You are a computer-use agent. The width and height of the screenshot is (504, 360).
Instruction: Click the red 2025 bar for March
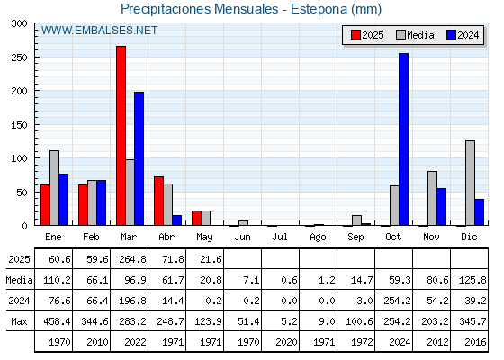coord(121,136)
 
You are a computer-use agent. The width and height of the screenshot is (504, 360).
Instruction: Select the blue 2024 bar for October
coord(404,139)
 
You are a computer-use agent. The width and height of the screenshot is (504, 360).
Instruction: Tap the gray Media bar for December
coord(470,183)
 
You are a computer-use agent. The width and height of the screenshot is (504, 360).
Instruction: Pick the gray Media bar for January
coord(54,188)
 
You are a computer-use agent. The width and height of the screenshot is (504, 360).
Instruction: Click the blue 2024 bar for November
coord(442,207)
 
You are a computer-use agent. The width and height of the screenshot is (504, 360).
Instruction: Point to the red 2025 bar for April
coord(158,201)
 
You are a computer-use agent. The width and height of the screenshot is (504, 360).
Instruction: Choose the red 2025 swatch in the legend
coord(355,35)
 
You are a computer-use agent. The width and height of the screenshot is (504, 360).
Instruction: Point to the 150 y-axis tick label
coord(19,125)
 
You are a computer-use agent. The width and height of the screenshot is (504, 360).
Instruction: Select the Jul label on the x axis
coord(280,237)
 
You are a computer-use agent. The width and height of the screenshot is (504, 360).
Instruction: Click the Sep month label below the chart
coord(355,237)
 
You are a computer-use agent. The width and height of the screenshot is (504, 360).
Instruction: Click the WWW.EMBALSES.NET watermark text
coord(99,31)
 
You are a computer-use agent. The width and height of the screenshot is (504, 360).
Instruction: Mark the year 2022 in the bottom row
coord(135,342)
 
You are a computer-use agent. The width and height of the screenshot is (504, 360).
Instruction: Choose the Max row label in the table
coord(19,321)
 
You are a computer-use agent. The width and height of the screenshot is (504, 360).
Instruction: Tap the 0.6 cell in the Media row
coord(289,280)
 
